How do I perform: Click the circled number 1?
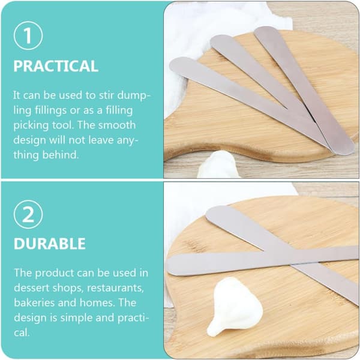[x=28, y=35]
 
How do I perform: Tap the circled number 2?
[x=28, y=214]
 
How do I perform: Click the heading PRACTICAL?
[x=56, y=66]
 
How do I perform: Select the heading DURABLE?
[x=50, y=244]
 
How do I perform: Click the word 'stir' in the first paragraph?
[x=107, y=95]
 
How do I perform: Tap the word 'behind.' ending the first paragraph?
[x=61, y=155]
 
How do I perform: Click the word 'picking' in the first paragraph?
[x=31, y=126]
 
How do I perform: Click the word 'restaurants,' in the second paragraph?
[x=115, y=288]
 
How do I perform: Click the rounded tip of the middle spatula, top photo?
[x=217, y=41]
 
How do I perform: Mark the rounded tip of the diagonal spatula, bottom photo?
[x=211, y=213]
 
